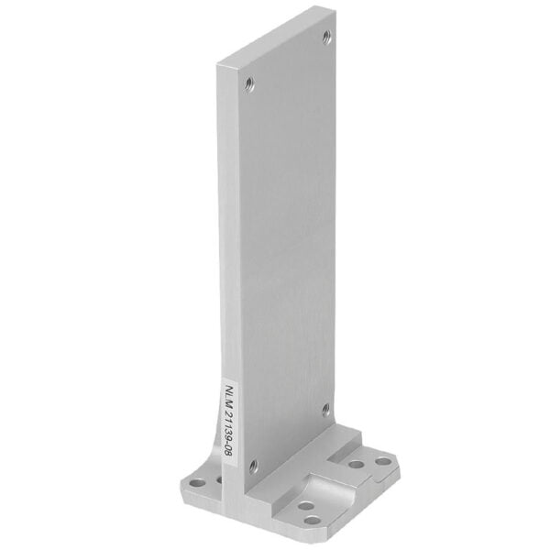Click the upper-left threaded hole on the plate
[x=248, y=85]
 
